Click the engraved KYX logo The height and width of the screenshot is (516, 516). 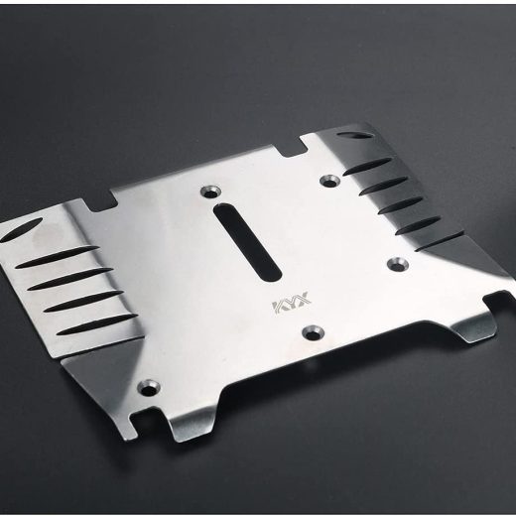(x=292, y=302)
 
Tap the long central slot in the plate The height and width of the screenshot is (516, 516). (x=247, y=242)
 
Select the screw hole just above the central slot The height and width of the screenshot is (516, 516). (x=211, y=192)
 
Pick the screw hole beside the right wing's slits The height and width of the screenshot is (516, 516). (x=330, y=181)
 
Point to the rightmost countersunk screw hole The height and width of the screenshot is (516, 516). (x=398, y=264)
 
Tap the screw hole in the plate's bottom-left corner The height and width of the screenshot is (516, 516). (x=149, y=387)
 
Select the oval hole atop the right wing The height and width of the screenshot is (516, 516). (x=354, y=135)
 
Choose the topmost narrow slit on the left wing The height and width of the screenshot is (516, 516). (x=57, y=256)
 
